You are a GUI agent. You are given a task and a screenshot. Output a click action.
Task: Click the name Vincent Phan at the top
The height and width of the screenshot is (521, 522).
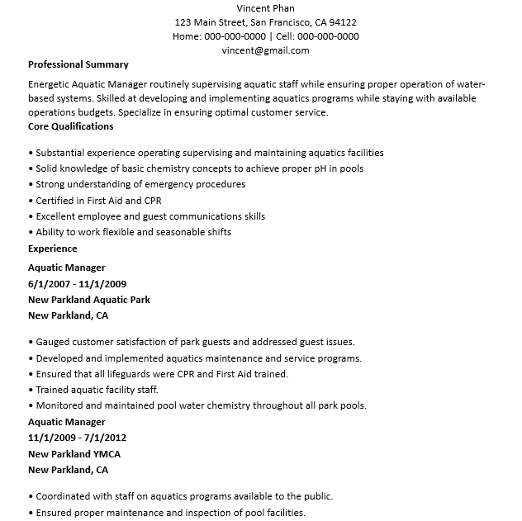[x=265, y=7]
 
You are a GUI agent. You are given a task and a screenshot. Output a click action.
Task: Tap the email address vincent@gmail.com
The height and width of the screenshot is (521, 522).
[x=265, y=50]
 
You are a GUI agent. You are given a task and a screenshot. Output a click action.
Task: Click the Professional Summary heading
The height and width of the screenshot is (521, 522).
[x=78, y=64]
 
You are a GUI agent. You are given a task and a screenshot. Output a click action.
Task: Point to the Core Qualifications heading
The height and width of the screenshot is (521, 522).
[x=71, y=126]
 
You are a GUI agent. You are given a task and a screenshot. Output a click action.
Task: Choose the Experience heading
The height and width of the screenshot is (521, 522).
[x=53, y=249]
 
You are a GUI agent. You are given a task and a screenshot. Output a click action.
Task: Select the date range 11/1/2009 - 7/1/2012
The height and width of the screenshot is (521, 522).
[x=77, y=438]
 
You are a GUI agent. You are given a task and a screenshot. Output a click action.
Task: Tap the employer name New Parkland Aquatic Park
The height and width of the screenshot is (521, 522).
[x=89, y=300]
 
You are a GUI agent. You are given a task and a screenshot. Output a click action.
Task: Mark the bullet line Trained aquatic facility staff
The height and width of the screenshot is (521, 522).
[x=97, y=390]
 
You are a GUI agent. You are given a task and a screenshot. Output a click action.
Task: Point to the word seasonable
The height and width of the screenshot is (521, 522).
[x=183, y=232]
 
